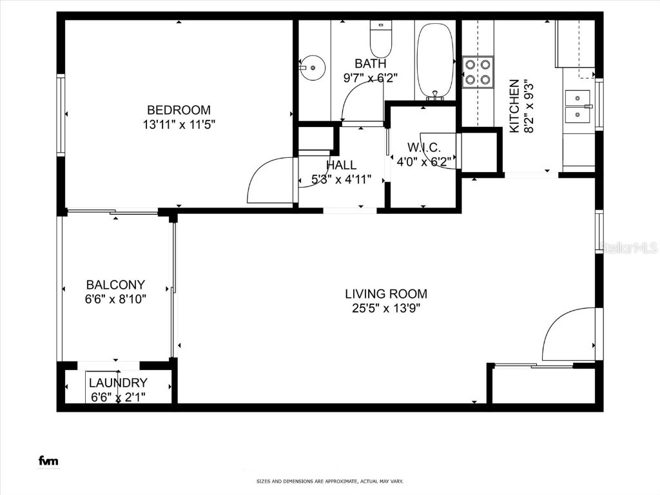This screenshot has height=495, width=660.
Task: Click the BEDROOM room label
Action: pyautogui.click(x=179, y=110)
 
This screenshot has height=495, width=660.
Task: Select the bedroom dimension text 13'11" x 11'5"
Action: pyautogui.click(x=179, y=124)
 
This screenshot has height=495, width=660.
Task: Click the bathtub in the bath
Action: pyautogui.click(x=436, y=60)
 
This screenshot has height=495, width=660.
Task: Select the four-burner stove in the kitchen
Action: pyautogui.click(x=478, y=72)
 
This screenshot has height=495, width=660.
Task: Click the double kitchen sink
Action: pyautogui.click(x=578, y=106)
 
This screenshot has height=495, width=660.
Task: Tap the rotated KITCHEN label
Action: pyautogui.click(x=514, y=106)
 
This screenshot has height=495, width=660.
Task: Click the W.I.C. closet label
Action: pyautogui.click(x=423, y=148)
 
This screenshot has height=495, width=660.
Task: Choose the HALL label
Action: pyautogui.click(x=341, y=166)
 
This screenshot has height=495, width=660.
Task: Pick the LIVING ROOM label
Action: pyautogui.click(x=385, y=294)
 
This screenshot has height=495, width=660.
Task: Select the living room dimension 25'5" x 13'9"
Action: pyautogui.click(x=385, y=308)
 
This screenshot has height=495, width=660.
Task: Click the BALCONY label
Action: pyautogui.click(x=115, y=284)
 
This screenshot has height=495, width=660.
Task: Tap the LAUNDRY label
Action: pyautogui.click(x=118, y=382)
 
